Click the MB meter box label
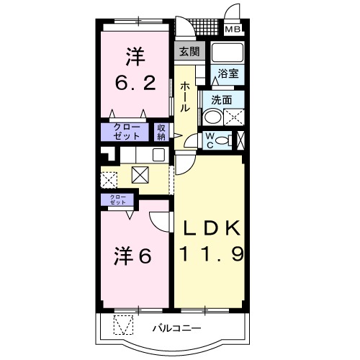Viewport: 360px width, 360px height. (x=233, y=30)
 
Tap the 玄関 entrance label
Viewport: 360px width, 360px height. (x=189, y=51)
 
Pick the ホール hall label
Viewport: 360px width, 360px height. (x=185, y=96)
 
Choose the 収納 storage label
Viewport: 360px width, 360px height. (x=161, y=132)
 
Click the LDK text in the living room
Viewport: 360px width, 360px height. (x=212, y=230)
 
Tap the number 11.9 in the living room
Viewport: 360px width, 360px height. (x=212, y=253)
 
